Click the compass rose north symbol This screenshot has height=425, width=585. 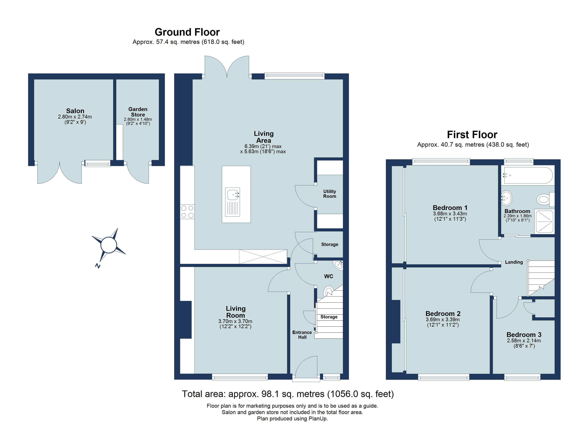(109, 245)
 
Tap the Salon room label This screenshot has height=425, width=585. (75, 111)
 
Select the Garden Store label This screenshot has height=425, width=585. (138, 112)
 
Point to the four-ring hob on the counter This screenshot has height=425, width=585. (187, 212)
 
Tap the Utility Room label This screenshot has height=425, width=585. (330, 194)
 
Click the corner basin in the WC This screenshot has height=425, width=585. (339, 265)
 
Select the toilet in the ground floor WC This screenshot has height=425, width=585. (328, 291)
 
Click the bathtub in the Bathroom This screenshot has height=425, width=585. (528, 175)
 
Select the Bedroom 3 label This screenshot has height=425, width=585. (524, 335)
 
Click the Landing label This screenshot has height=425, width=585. (514, 262)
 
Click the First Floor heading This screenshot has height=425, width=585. (472, 135)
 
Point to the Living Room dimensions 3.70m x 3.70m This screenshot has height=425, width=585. (235, 321)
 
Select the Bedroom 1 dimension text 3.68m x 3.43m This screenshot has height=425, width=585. (450, 214)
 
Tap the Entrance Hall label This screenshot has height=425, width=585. (302, 335)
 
